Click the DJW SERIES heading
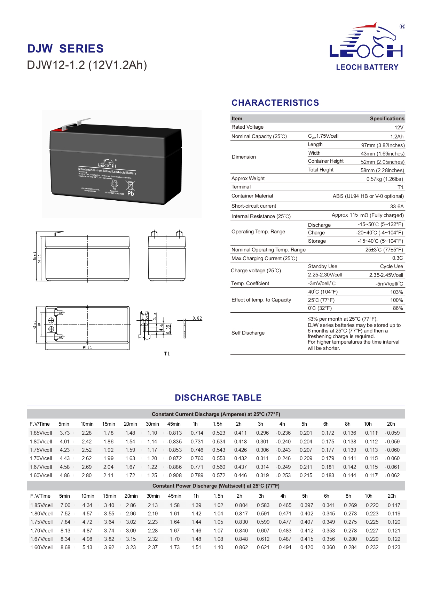[x=65, y=49]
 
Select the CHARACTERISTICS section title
[x=275, y=103]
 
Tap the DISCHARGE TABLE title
[x=218, y=398]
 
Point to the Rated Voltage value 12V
[x=399, y=128]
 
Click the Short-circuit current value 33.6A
[x=397, y=207]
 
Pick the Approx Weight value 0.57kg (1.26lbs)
[x=385, y=179]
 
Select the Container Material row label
[x=252, y=196]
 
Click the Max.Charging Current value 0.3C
[x=398, y=258]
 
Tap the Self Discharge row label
[x=248, y=333]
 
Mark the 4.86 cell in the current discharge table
[x=65, y=475]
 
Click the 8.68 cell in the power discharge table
[x=65, y=547]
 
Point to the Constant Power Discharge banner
[x=216, y=486]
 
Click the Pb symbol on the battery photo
[x=131, y=193]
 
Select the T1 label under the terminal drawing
[x=167, y=354]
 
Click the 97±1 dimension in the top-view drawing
[x=87, y=347]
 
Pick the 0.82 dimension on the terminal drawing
[x=197, y=318]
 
